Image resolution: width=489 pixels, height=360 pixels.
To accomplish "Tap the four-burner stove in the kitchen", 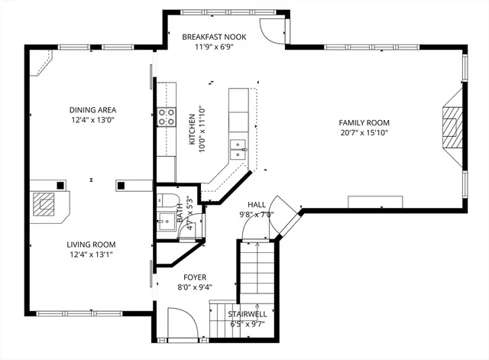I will (166, 116).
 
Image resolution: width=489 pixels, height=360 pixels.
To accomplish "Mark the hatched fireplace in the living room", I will (44, 206).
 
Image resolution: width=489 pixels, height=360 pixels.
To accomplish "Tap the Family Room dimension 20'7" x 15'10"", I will (364, 133).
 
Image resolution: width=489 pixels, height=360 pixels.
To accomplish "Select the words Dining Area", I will (92, 109).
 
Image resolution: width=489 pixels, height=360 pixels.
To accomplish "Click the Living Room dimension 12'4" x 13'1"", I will (92, 255).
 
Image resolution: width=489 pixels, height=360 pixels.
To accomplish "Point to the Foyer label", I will (194, 277).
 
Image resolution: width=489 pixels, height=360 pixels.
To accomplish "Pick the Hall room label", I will (256, 204).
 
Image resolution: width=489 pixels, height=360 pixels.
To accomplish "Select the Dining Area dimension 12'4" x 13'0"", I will (92, 120).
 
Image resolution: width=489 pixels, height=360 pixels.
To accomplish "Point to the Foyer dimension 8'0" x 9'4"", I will (194, 287).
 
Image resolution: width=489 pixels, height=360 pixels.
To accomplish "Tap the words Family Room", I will (364, 122).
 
